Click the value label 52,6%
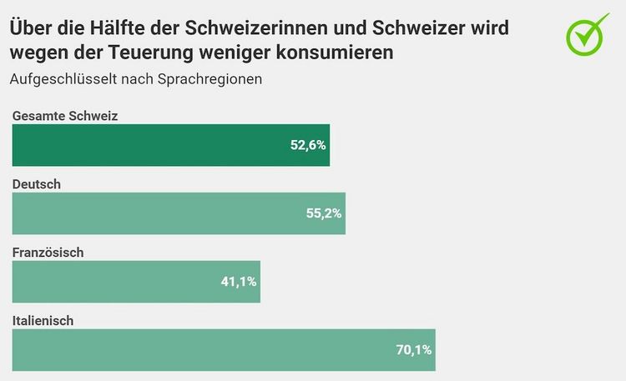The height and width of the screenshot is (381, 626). tap(308, 145)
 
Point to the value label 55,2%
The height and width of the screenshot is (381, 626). tap(324, 213)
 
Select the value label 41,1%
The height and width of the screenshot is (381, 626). tap(239, 282)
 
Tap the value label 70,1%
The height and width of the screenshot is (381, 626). tap(413, 350)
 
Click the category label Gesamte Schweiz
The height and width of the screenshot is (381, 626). tap(64, 116)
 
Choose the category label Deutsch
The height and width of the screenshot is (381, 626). tap(37, 184)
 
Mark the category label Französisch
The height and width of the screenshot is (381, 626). tap(48, 253)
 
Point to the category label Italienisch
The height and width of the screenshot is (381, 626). tap(43, 321)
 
